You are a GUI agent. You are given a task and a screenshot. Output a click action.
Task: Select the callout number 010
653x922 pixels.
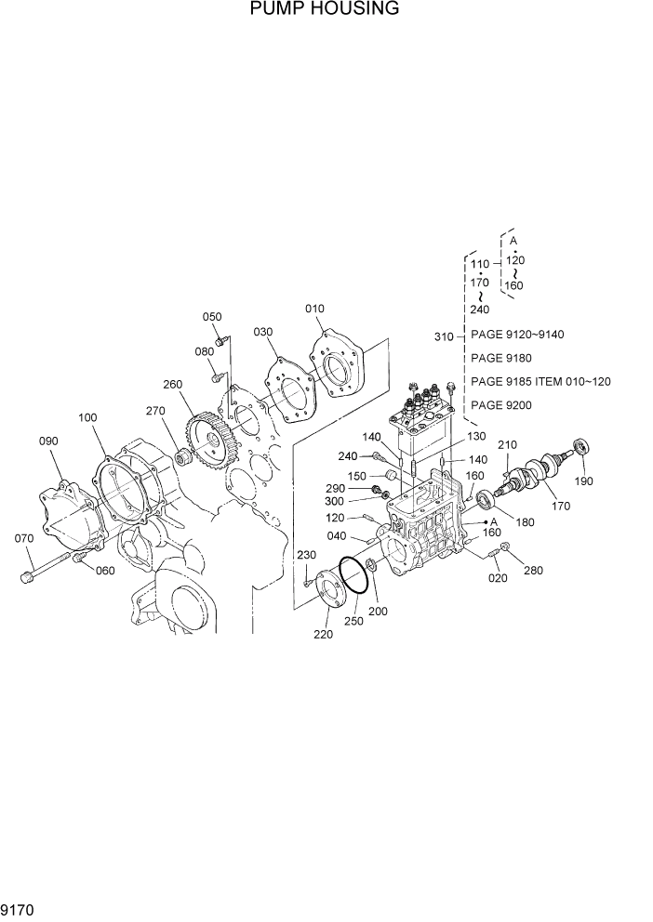pyautogui.click(x=315, y=309)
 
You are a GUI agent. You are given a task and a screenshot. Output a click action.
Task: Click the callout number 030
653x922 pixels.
pyautogui.click(x=262, y=332)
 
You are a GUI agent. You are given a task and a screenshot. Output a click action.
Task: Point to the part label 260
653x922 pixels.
pyautogui.click(x=172, y=385)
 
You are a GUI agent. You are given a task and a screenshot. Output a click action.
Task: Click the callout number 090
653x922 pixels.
pyautogui.click(x=48, y=441)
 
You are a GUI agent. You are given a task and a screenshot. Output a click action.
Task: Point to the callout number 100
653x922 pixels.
pyautogui.click(x=87, y=418)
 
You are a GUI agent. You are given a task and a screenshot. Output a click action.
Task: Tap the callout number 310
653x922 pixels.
pyautogui.click(x=444, y=336)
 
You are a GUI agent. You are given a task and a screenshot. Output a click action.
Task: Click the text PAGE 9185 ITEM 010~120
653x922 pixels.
pyautogui.click(x=540, y=381)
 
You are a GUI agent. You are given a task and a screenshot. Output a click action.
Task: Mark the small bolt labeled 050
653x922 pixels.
pyautogui.click(x=220, y=342)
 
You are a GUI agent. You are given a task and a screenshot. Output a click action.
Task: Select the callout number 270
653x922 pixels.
pyautogui.click(x=154, y=410)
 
